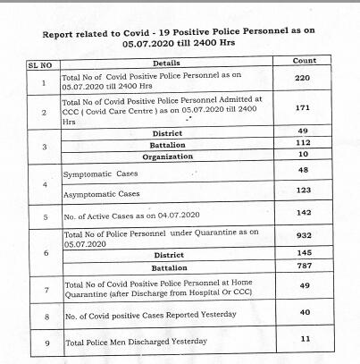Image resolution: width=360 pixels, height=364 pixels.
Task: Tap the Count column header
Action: tap(305, 60)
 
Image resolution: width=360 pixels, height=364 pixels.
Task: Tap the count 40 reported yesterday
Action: tap(305, 314)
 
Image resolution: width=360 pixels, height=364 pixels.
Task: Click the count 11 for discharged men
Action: tap(305, 339)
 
